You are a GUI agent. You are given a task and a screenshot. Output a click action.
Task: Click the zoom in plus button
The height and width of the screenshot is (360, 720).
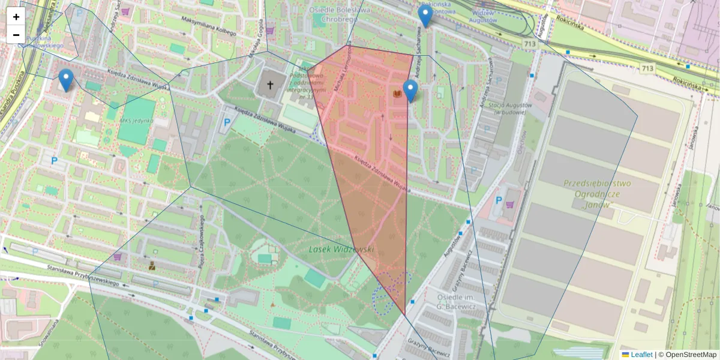(16, 17)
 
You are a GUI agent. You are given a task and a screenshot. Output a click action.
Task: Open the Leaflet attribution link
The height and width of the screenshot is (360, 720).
(641, 355)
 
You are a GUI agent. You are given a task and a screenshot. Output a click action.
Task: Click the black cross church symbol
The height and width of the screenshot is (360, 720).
(270, 85)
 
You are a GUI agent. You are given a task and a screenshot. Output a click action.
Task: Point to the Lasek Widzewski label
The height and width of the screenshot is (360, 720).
(342, 249)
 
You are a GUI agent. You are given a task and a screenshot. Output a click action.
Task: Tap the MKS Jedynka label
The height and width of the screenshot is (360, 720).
(137, 120)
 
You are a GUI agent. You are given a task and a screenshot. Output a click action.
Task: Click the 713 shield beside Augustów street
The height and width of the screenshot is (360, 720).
(529, 44)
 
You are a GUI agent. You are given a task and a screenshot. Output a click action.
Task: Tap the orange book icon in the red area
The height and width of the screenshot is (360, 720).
(397, 94)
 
